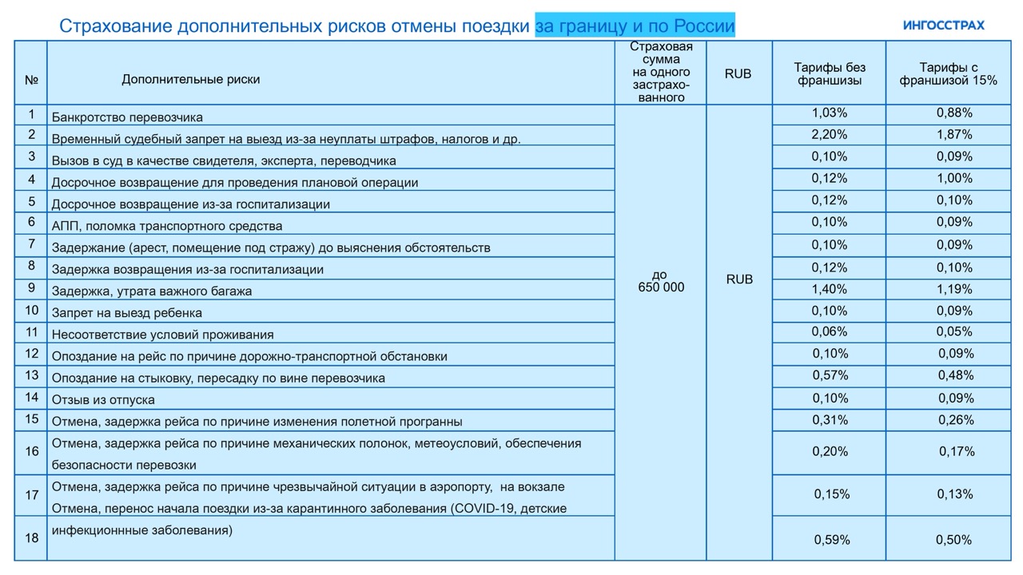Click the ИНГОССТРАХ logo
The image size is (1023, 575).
coord(943,25)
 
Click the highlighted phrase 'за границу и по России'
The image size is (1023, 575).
coord(635,26)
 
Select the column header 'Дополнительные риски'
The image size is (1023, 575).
coord(190,79)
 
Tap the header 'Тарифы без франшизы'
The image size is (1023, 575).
coord(829,73)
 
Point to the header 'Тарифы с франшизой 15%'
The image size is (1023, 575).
coord(948,73)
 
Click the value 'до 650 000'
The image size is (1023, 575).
coord(661,281)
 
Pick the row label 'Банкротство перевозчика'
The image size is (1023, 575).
coord(127,117)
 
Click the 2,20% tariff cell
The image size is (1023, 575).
coord(829,134)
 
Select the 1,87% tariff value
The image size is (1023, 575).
coord(954,134)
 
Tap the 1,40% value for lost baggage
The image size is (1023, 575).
coord(829,289)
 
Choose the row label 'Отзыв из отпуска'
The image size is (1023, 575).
coord(103,399)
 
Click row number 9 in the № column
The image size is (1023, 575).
coord(31,287)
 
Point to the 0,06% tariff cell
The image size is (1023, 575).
coord(829,331)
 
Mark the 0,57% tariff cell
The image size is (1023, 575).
coord(829,375)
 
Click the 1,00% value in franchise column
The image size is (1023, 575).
coord(954,178)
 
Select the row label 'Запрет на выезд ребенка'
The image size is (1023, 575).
coord(126,313)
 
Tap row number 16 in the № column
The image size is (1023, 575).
coord(31,452)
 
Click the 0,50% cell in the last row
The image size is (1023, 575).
coord(954,540)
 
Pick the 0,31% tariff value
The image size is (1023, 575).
coord(829,419)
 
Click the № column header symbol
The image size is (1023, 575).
coord(31,80)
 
